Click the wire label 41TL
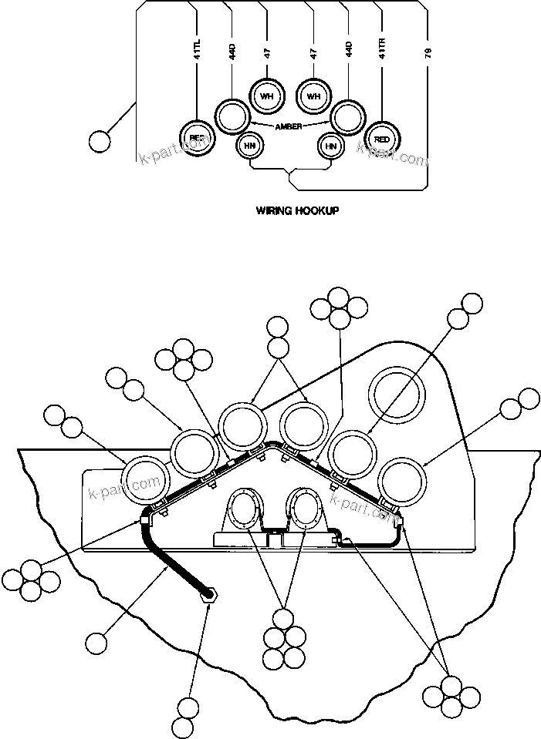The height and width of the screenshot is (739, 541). [198, 54]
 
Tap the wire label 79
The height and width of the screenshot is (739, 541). [427, 53]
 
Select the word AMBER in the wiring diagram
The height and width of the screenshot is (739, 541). [289, 126]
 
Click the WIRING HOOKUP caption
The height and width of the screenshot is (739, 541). [297, 209]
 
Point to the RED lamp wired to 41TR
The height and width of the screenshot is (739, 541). [380, 139]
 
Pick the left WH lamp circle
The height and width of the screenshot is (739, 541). [267, 96]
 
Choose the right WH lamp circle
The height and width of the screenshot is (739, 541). [313, 96]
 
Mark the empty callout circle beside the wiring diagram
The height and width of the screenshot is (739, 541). [99, 141]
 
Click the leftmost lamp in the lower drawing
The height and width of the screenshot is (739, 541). [147, 481]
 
